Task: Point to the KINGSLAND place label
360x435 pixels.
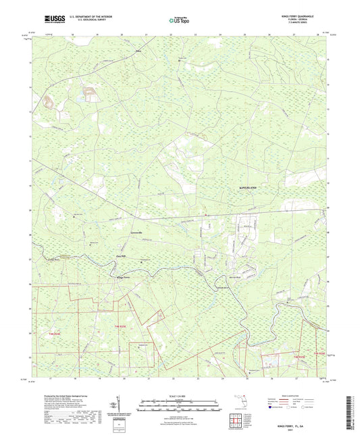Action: pyautogui.click(x=250, y=186)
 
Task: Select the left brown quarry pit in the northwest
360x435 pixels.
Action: pyautogui.click(x=48, y=102)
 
